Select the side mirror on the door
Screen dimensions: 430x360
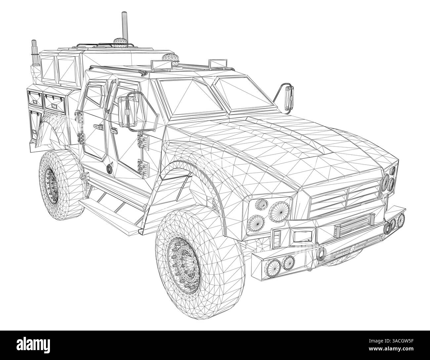pos(128,111)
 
